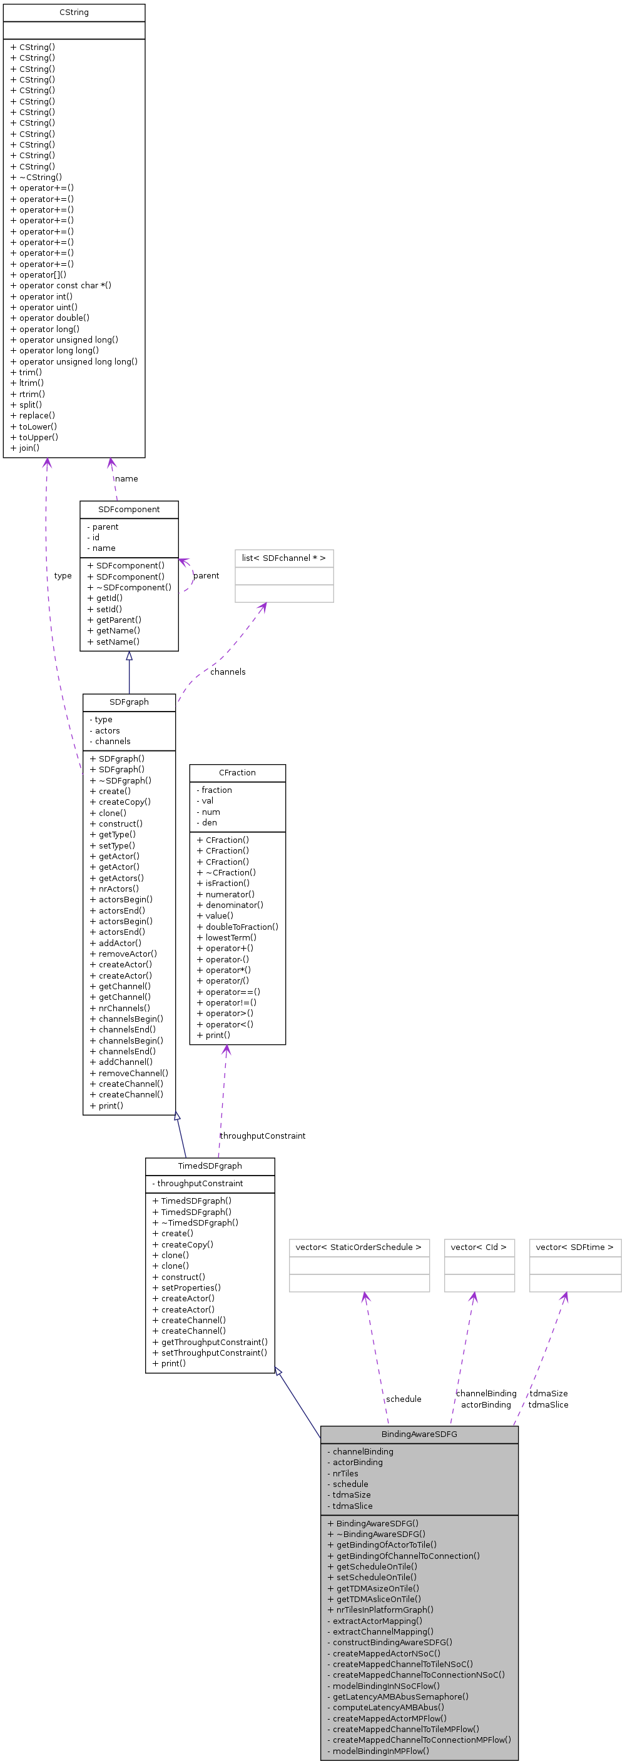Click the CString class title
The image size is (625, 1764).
pyautogui.click(x=74, y=13)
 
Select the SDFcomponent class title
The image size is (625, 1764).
pyautogui.click(x=129, y=510)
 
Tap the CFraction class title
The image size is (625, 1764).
pyautogui.click(x=237, y=772)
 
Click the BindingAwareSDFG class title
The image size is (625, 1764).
pyautogui.click(x=419, y=1434)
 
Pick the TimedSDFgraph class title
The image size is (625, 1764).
pyautogui.click(x=210, y=1166)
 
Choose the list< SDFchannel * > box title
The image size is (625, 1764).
pyautogui.click(x=283, y=558)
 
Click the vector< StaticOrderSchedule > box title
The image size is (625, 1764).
pyautogui.click(x=358, y=1247)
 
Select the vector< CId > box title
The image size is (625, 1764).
pyautogui.click(x=479, y=1247)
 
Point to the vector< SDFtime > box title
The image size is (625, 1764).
pyautogui.click(x=574, y=1247)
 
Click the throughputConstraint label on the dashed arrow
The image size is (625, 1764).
pyautogui.click(x=263, y=1136)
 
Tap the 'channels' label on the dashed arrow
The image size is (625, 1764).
pyautogui.click(x=228, y=672)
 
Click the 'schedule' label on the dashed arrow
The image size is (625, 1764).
pyautogui.click(x=404, y=1399)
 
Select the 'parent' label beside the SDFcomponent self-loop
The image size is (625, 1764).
pyautogui.click(x=206, y=576)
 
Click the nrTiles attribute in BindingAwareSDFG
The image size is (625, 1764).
pyautogui.click(x=345, y=1473)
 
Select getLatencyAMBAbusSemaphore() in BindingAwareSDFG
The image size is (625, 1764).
pyautogui.click(x=400, y=1696)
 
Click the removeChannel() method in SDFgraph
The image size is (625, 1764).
pyautogui.click(x=133, y=1073)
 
